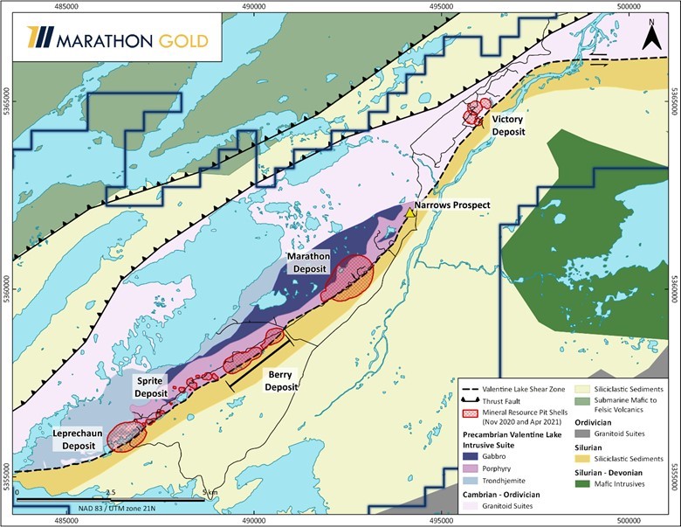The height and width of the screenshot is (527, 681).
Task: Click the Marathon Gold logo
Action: [x=95, y=39]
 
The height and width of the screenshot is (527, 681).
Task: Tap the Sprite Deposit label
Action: [x=155, y=388]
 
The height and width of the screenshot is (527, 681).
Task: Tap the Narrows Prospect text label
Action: [x=452, y=205]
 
